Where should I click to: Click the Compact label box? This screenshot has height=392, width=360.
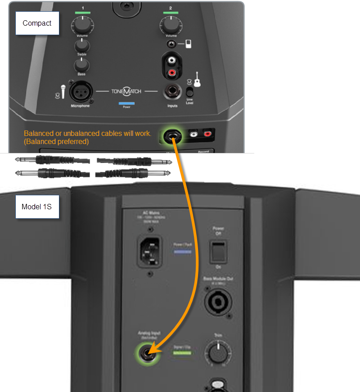click(x=37, y=23)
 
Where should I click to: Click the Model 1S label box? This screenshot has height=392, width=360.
click(x=37, y=207)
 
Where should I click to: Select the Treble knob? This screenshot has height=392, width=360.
click(x=81, y=45)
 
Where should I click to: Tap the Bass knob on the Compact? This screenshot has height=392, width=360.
click(x=81, y=66)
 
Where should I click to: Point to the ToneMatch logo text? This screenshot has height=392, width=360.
click(x=126, y=91)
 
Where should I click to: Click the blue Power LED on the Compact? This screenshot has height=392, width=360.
click(x=126, y=104)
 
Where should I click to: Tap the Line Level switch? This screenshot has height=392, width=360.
click(x=189, y=92)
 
